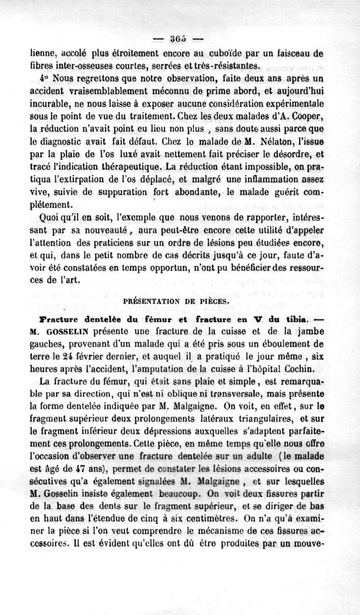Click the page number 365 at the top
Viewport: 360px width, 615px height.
coord(180,37)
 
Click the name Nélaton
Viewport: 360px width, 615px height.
coord(276,144)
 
